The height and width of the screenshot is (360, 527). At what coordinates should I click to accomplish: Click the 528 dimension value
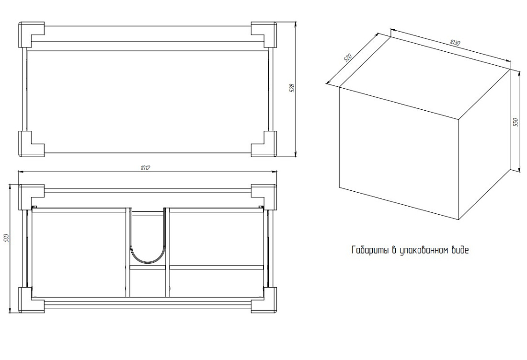292,88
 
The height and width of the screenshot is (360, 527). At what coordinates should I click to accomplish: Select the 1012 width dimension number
145,168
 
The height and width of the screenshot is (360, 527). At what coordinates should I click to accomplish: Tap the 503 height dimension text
5,238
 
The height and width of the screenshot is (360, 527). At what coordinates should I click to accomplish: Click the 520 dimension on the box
347,58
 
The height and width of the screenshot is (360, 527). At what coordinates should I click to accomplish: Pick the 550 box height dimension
516,122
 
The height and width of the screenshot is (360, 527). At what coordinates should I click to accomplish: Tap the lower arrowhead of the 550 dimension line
511,169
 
